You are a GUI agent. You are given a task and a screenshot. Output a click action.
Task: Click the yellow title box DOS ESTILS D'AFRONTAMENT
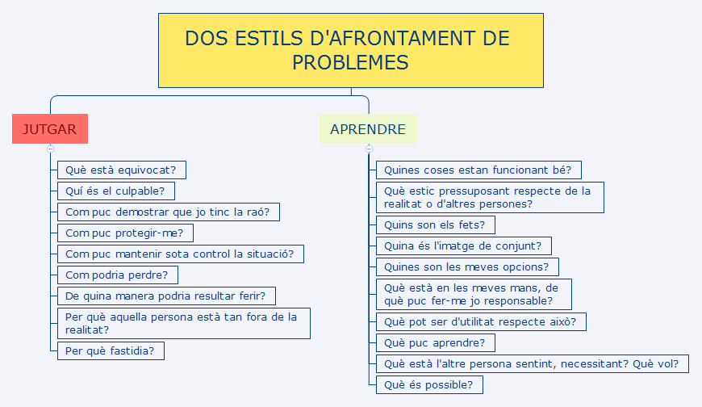pyautogui.click(x=350, y=50)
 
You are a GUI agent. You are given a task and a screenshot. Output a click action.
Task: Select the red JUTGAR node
pyautogui.click(x=50, y=129)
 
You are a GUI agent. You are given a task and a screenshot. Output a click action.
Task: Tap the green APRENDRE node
pyautogui.click(x=368, y=129)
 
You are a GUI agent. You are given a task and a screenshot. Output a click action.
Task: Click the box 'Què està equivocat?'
pyautogui.click(x=122, y=170)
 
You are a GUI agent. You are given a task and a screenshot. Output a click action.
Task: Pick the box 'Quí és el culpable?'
pyautogui.click(x=115, y=191)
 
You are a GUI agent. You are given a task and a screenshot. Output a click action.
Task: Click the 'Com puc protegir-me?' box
pyautogui.click(x=125, y=233)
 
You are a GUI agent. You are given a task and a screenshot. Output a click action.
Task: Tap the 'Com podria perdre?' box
pyautogui.click(x=117, y=275)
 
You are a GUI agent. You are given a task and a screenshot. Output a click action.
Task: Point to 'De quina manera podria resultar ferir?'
pyautogui.click(x=170, y=296)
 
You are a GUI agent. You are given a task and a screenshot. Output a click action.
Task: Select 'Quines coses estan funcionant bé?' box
pyautogui.click(x=478, y=170)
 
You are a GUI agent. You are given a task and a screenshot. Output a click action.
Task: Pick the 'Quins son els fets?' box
pyautogui.click(x=436, y=224)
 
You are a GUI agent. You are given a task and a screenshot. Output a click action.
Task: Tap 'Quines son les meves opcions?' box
pyautogui.click(x=467, y=266)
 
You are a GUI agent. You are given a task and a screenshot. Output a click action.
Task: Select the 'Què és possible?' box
pyautogui.click(x=429, y=384)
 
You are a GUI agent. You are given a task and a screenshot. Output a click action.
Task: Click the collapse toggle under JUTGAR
pyautogui.click(x=50, y=149)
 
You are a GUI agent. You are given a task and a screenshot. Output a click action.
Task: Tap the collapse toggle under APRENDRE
pyautogui.click(x=369, y=149)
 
